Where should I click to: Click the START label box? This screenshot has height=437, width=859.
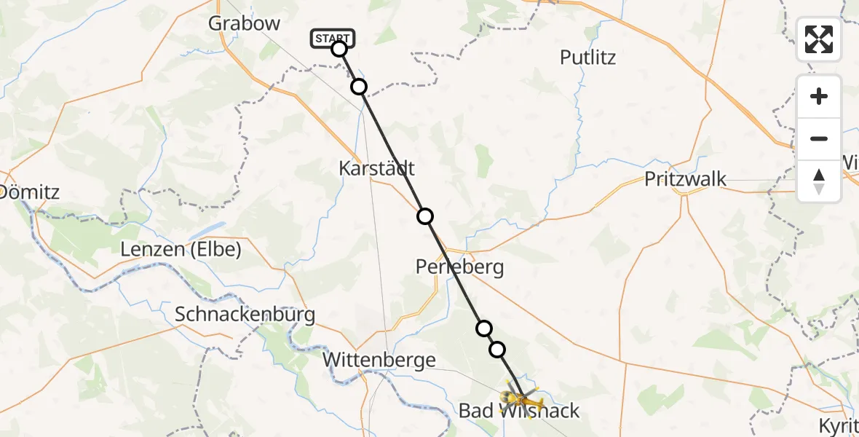coord(333,38)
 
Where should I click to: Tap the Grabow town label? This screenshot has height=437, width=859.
coord(244,23)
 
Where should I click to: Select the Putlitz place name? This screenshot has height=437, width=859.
coord(587,57)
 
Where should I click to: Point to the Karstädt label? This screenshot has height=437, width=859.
coord(376,168)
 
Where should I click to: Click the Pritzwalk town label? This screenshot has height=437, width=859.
coord(685,178)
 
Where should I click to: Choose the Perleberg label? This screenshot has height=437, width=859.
coord(459,267)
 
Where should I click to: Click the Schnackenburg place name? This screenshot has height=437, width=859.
coord(245,315)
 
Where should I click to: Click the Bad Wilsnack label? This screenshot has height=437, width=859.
coord(519,411)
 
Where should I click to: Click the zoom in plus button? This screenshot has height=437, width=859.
coord(819,96)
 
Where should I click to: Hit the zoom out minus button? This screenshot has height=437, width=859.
coord(819,138)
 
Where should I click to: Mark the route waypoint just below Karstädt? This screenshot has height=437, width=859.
coord(425,216)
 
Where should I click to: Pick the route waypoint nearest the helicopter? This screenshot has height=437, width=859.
coord(497,350)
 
